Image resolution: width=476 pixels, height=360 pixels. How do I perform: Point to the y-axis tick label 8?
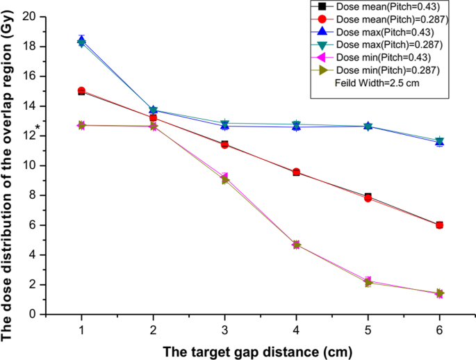click(x=33, y=195)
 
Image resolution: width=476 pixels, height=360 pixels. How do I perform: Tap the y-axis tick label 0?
click(x=33, y=314)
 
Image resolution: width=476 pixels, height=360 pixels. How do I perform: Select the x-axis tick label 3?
click(x=224, y=329)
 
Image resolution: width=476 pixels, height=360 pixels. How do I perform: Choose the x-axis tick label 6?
click(x=439, y=329)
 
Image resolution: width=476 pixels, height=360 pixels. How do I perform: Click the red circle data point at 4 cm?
click(x=296, y=172)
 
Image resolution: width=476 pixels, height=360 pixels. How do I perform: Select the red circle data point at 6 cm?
click(x=439, y=225)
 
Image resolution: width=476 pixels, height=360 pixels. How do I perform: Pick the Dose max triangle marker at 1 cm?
click(x=82, y=41)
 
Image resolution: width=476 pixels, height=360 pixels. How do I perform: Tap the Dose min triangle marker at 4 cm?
click(x=296, y=245)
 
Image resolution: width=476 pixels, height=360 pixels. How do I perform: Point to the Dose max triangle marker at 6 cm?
click(x=439, y=142)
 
